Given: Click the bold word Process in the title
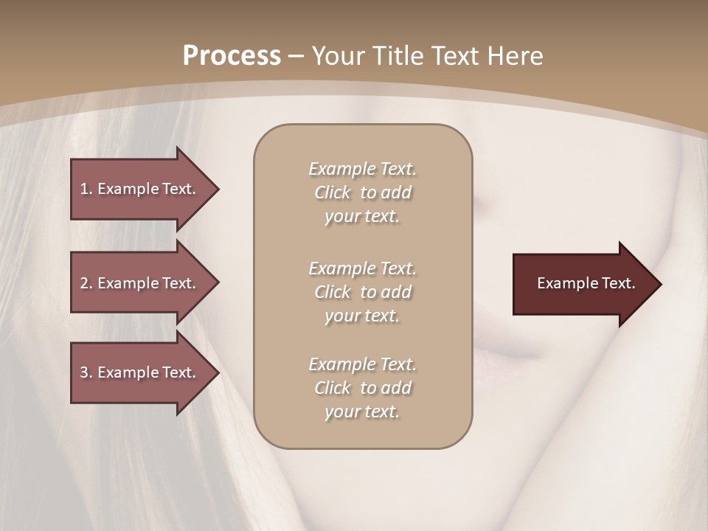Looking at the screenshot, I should [232, 56].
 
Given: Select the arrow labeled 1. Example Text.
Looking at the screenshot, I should [140, 189].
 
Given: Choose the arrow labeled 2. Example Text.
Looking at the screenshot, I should [140, 283].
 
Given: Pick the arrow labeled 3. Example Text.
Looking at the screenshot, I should [140, 372].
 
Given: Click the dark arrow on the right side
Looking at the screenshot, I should [583, 284].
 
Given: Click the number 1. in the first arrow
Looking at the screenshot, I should [86, 189].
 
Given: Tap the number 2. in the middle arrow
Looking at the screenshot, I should [86, 283].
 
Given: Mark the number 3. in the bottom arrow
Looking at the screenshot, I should [86, 372].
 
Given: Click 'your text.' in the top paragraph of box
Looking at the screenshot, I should [362, 217].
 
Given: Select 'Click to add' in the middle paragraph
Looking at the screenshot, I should [362, 292].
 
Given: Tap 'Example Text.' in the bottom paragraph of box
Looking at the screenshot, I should [362, 364].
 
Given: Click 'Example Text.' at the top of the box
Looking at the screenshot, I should [362, 169].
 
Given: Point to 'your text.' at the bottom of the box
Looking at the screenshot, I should [362, 412].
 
